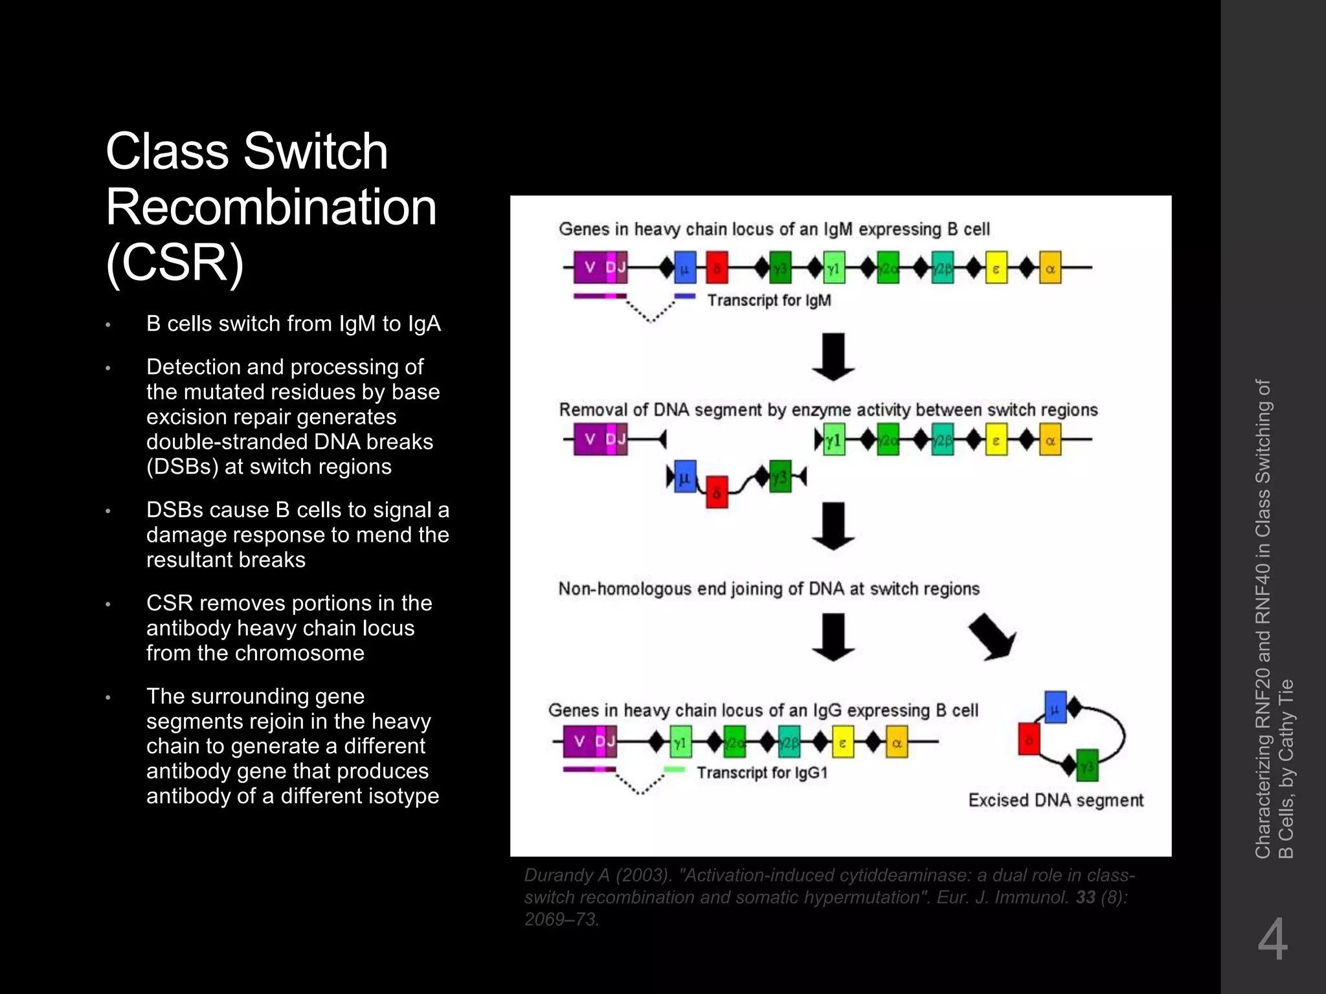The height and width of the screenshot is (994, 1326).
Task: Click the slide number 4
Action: coord(1272,940)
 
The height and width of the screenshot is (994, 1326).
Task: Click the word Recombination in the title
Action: coord(271,207)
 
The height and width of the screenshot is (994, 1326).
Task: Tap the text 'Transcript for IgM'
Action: coord(769,300)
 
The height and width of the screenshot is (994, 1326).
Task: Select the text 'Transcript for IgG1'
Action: coord(762,773)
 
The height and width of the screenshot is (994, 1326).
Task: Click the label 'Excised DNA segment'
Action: coord(1055,801)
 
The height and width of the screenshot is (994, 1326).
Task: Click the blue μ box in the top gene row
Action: coord(685,268)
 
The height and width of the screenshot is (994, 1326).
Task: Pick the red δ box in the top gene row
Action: coord(716,268)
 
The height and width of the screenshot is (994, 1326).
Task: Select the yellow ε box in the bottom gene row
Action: coord(842,742)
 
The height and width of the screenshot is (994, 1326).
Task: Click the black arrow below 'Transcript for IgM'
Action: coord(833,357)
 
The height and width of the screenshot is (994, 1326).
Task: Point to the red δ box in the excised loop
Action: coord(1029,739)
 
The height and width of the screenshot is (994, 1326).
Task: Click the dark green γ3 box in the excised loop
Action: coord(1087,766)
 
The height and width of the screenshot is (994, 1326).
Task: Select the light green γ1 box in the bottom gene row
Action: coord(680,742)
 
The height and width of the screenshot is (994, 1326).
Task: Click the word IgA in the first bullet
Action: coord(424,324)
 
